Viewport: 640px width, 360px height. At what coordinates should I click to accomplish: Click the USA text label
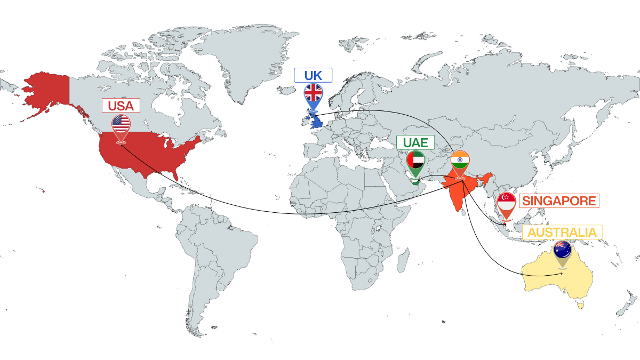tap(121, 106)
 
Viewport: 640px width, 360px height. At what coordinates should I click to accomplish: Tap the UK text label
tap(313, 75)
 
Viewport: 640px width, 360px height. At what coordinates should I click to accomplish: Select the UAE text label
tap(415, 142)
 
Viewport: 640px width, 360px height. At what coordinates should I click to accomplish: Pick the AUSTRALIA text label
tap(562, 233)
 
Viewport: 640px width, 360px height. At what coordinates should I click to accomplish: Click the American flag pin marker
tap(121, 125)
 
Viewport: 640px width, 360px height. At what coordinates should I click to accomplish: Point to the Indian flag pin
tap(460, 161)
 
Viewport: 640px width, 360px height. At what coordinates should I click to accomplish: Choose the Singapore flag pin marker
tap(506, 203)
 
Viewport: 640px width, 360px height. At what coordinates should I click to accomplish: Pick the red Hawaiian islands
tap(41, 190)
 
